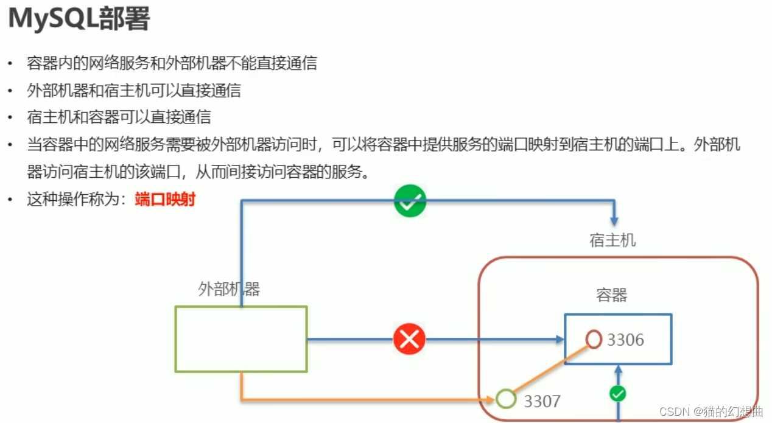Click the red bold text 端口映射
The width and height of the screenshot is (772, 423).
[164, 199]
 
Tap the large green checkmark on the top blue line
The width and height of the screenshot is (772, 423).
[410, 201]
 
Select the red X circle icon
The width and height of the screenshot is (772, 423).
[409, 339]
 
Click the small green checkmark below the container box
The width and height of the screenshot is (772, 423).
[618, 394]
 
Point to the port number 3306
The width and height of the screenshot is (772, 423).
[625, 340]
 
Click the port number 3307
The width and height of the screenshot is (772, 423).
[542, 400]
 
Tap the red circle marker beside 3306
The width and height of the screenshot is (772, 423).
[594, 338]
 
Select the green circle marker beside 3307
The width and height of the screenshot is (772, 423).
[505, 399]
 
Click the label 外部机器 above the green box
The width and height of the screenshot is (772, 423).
[229, 289]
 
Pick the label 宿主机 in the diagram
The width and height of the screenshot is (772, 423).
[612, 240]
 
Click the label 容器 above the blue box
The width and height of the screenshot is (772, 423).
[611, 296]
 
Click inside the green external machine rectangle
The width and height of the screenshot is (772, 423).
[241, 339]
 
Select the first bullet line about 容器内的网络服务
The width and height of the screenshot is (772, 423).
[172, 63]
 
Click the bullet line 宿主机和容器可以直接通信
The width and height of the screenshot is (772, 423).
[119, 117]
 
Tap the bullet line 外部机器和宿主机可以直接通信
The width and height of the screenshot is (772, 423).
[134, 90]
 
